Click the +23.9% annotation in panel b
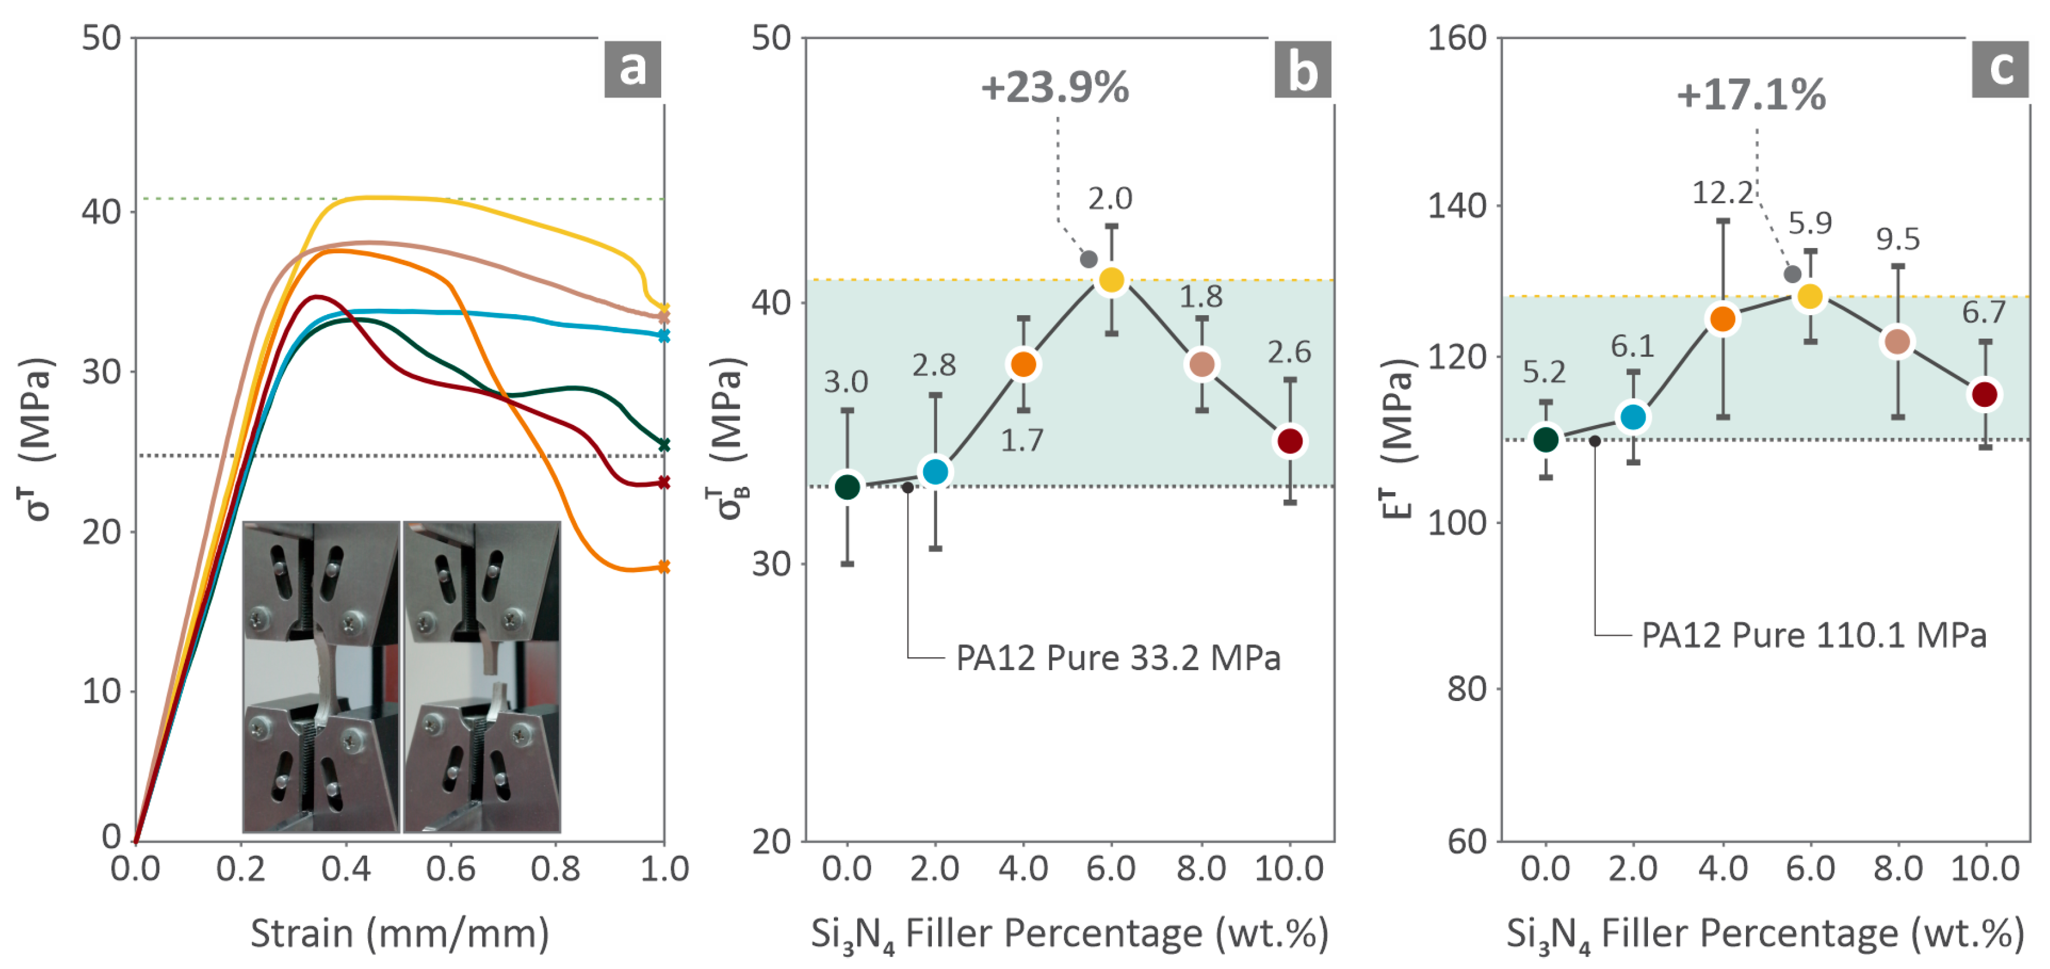(1054, 88)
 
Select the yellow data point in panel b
(1111, 280)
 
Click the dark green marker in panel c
(1545, 439)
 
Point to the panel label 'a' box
(632, 69)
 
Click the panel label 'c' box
(1999, 69)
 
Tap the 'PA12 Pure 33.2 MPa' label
(1117, 658)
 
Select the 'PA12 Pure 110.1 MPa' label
(1814, 635)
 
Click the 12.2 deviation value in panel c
(1721, 192)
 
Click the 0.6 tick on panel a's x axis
(450, 868)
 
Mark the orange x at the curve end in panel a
(663, 566)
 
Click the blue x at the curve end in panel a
(663, 336)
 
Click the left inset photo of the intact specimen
(321, 677)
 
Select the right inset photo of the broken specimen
(482, 677)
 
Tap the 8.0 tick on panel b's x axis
(1200, 868)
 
